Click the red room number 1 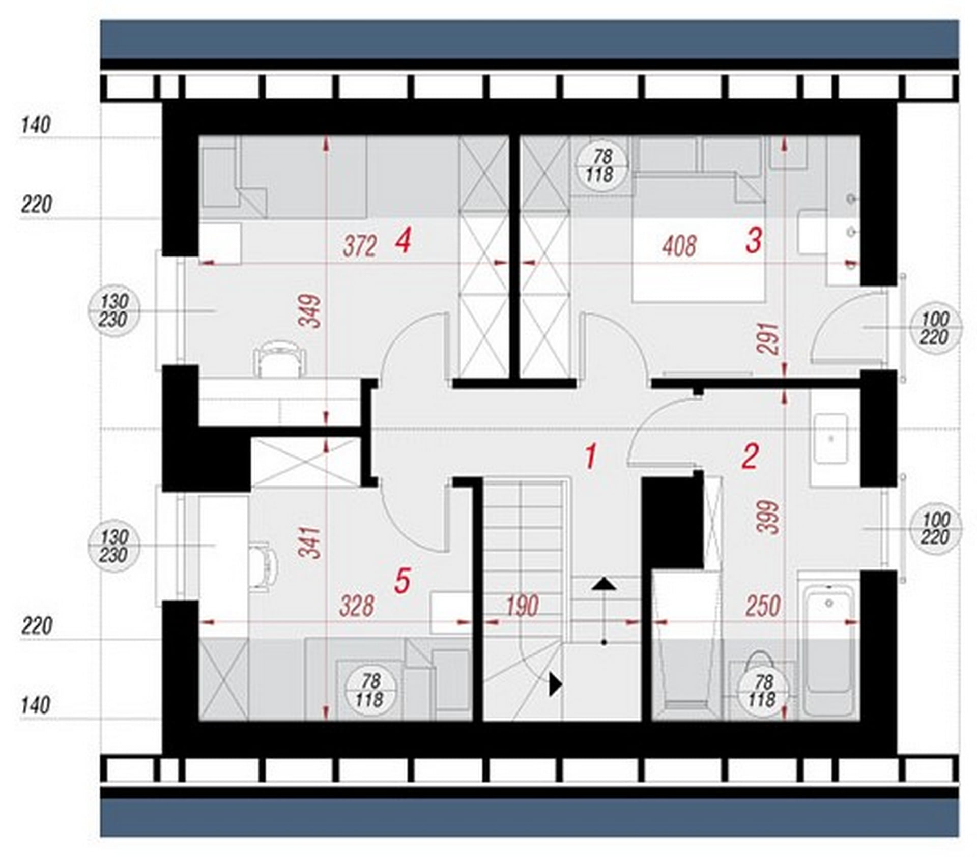[x=590, y=456]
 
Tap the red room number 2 [x=751, y=456]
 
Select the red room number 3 [x=754, y=241]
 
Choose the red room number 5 [x=402, y=581]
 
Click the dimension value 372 [x=360, y=247]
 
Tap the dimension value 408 [x=680, y=247]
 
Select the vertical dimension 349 [x=310, y=311]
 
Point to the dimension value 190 [x=522, y=606]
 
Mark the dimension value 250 [x=763, y=606]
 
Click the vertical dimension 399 [x=768, y=517]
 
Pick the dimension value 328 [x=357, y=606]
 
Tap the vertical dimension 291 [x=768, y=338]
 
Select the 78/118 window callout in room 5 [x=370, y=691]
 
